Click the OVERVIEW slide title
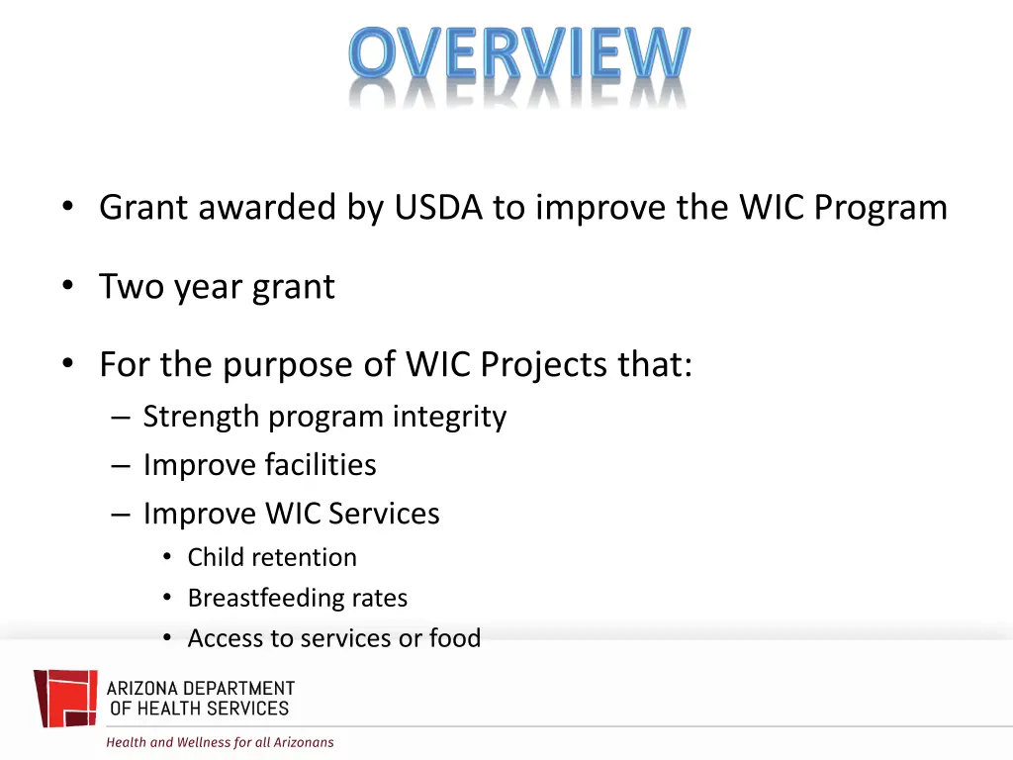pyautogui.click(x=518, y=54)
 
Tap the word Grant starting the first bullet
pyautogui.click(x=143, y=208)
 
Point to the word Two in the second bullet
pyautogui.click(x=132, y=287)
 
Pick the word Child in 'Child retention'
pyautogui.click(x=215, y=558)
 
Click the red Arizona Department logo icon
pyautogui.click(x=65, y=698)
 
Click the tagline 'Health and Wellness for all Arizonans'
pyautogui.click(x=220, y=742)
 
